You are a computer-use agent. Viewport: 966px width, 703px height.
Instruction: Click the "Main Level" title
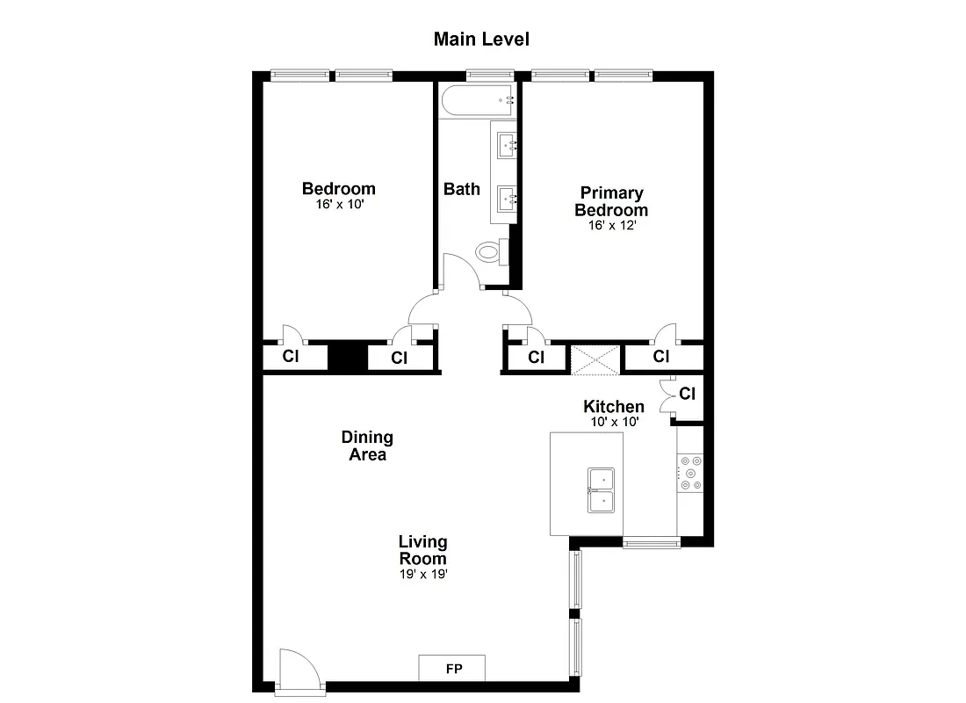(481, 40)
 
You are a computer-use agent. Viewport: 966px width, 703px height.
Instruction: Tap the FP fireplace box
(453, 669)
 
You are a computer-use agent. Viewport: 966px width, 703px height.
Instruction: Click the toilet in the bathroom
(489, 252)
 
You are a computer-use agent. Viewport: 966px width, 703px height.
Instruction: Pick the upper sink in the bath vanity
(507, 145)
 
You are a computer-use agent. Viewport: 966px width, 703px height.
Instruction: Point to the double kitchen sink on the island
(602, 490)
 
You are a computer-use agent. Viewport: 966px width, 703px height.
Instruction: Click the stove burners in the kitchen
(689, 472)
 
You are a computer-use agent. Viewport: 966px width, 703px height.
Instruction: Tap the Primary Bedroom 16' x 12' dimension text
(611, 225)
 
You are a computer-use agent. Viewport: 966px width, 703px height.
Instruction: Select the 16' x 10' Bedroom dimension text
(338, 204)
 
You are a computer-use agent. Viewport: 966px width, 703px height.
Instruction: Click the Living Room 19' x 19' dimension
(422, 575)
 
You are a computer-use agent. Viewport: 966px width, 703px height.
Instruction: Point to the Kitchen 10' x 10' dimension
(614, 422)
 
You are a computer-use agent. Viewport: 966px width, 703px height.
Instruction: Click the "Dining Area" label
(367, 446)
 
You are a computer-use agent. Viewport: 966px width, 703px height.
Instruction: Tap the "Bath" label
(461, 189)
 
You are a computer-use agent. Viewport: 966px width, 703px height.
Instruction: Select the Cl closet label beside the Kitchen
(687, 395)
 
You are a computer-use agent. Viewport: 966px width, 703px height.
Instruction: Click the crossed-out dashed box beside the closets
(595, 359)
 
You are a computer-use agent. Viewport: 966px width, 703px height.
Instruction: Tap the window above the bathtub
(489, 75)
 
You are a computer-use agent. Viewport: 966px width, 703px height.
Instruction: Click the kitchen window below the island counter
(651, 544)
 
